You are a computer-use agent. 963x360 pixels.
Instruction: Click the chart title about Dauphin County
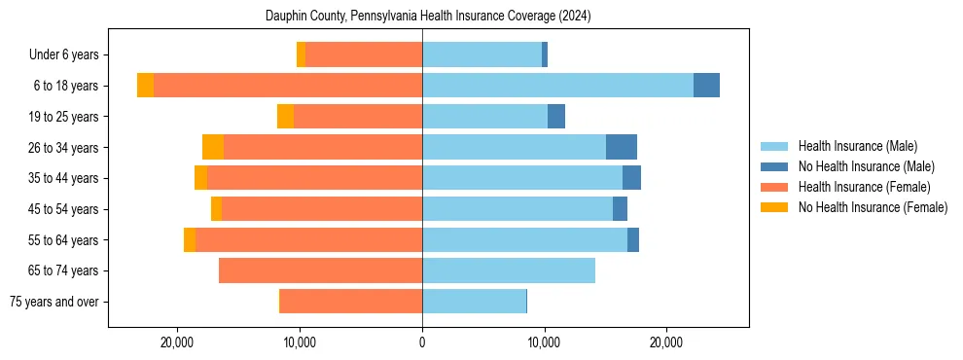[428, 17]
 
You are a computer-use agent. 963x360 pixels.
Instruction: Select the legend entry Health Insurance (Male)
[857, 146]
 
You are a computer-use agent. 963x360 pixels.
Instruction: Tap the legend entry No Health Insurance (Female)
[873, 207]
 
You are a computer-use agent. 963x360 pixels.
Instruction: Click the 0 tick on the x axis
[422, 342]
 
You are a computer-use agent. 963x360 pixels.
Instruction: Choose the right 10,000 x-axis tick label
[544, 342]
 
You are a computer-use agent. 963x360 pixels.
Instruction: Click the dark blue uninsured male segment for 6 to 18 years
[706, 86]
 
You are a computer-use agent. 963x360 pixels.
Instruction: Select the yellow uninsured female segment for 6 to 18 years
[145, 86]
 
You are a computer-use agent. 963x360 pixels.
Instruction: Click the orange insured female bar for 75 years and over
[351, 302]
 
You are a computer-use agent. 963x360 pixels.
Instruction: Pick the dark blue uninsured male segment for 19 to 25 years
[556, 117]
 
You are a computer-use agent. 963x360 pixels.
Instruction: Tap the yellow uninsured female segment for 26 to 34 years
[213, 147]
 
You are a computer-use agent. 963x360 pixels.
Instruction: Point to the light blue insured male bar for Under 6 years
[481, 54]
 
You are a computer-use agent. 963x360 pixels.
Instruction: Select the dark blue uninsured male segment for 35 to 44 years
[631, 178]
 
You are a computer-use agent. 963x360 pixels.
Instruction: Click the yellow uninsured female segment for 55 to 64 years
[190, 239]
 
